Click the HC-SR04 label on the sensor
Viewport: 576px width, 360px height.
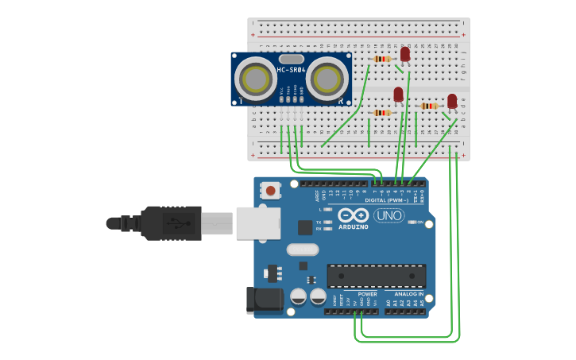click(x=292, y=71)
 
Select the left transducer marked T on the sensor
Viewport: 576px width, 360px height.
click(x=256, y=79)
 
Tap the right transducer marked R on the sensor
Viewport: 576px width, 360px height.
click(x=327, y=79)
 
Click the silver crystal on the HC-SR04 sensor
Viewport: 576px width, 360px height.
click(x=292, y=58)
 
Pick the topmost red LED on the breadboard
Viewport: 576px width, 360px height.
click(x=405, y=53)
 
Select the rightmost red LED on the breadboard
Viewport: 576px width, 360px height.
click(x=452, y=100)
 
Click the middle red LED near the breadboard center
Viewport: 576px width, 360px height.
click(x=399, y=95)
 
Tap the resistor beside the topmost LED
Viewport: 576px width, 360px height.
click(x=382, y=59)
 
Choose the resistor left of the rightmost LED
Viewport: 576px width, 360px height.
click(x=430, y=106)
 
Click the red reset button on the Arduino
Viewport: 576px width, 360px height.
click(x=271, y=191)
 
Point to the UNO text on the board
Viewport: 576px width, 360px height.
click(x=389, y=215)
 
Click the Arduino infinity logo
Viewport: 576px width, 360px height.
click(x=353, y=215)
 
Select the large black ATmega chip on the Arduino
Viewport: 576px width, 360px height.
click(x=376, y=275)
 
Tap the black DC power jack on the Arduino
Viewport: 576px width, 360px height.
click(x=265, y=299)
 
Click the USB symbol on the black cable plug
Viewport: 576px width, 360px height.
click(x=182, y=223)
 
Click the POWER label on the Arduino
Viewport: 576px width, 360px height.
click(x=367, y=294)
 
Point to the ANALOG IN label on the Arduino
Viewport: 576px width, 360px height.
click(x=409, y=294)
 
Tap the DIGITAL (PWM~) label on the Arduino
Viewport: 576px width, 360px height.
click(x=387, y=200)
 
